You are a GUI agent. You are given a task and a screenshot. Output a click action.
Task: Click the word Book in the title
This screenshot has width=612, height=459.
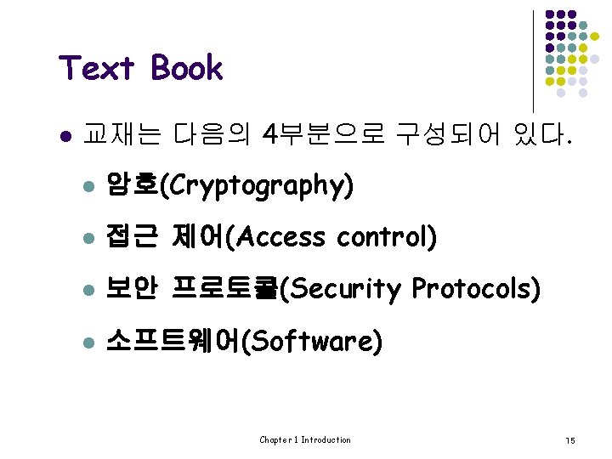tap(187, 69)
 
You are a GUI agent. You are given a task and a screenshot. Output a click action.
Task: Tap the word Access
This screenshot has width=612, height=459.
tap(282, 237)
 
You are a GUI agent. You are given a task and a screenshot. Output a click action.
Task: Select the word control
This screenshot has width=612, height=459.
tap(382, 237)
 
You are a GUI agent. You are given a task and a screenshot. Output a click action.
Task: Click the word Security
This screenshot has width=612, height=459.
tap(344, 290)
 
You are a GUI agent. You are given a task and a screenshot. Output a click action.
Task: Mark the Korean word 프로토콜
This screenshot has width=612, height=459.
tap(224, 290)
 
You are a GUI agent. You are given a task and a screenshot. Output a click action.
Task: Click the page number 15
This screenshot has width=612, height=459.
tap(570, 440)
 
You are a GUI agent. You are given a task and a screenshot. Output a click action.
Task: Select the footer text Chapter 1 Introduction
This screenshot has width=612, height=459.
tap(305, 439)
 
